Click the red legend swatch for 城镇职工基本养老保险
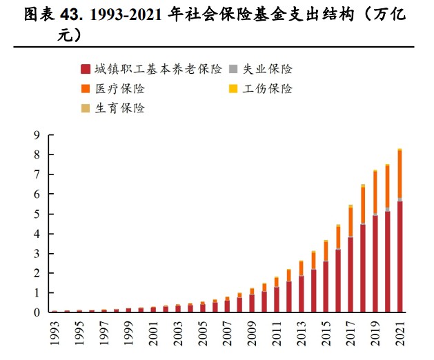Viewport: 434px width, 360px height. [85, 69]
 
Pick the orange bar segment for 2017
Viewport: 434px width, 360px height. [351, 221]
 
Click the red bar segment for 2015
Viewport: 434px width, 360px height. [326, 287]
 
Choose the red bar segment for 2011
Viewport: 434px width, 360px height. [277, 299]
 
